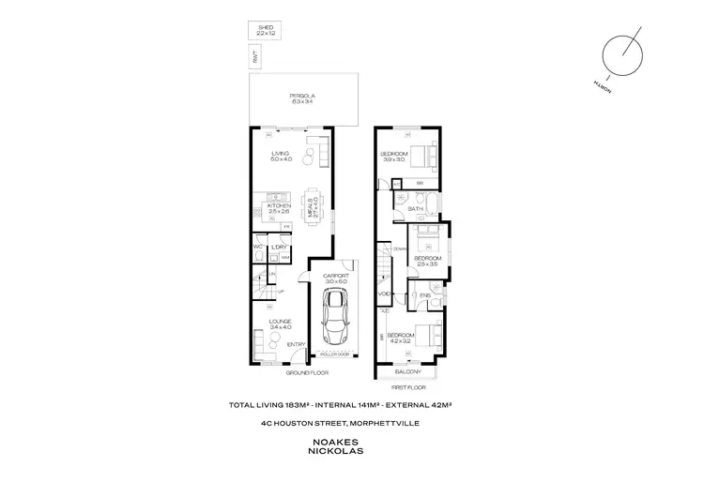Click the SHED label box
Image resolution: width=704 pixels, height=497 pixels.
click(x=265, y=31)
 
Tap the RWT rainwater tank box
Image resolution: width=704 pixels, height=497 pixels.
click(x=254, y=58)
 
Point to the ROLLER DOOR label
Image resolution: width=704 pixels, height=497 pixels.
click(x=334, y=354)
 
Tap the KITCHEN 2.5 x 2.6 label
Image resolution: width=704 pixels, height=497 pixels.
click(x=280, y=208)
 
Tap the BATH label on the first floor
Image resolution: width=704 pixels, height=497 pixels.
click(x=401, y=208)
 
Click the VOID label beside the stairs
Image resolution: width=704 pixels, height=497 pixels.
click(x=384, y=294)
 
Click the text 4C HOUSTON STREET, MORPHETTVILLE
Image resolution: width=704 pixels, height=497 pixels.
click(x=351, y=423)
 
